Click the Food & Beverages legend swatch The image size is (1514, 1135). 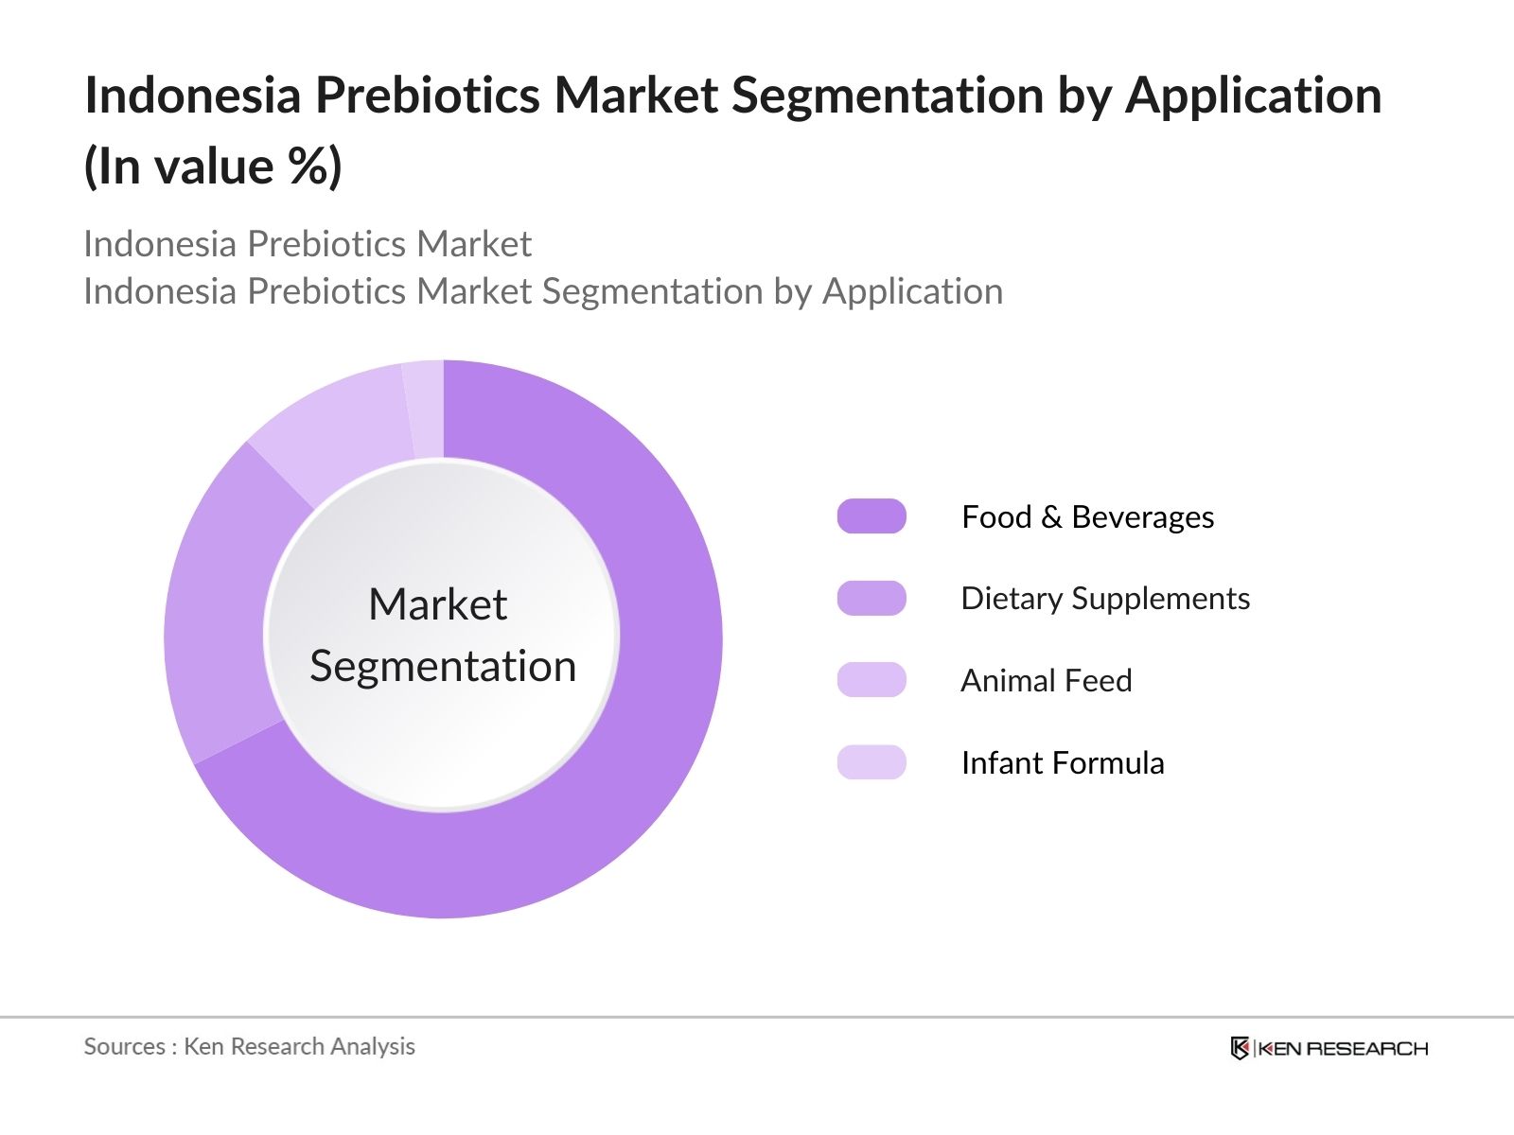coord(871,516)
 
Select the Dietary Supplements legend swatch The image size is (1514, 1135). coord(871,599)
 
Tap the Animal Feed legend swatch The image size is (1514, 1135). coord(871,680)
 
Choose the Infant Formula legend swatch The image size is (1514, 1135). coord(871,762)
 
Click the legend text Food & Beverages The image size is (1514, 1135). coord(1087,517)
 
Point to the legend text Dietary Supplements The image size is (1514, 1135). coord(1105,599)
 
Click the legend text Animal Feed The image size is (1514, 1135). coord(1046,681)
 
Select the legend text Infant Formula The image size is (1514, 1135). coord(1063,763)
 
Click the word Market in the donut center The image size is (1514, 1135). coord(437,604)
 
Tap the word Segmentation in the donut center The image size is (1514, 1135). coord(443,667)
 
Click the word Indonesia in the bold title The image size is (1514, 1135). coord(193,96)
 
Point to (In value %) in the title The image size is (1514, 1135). coord(213,167)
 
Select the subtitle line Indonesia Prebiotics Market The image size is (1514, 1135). coord(308,244)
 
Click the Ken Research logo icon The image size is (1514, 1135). coord(1240,1048)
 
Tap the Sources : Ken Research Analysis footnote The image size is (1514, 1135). coord(250,1046)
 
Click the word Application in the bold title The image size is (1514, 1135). coord(1253,96)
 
